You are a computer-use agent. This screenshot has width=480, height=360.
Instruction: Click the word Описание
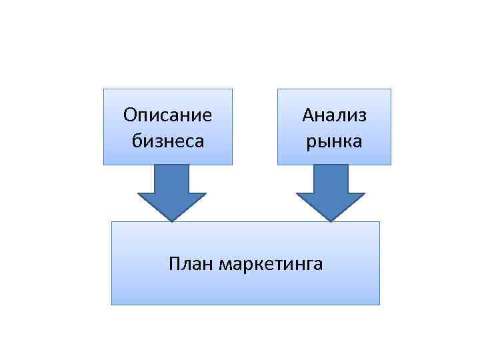pos(167,115)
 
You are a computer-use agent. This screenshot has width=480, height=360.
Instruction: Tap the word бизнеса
pos(167,141)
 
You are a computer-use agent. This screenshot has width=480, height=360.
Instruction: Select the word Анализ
pos(334,115)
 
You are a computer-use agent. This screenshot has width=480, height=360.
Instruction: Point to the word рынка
pos(334,141)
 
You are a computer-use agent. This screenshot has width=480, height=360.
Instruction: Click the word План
pos(191,264)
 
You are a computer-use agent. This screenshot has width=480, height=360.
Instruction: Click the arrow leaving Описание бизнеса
pos(172,189)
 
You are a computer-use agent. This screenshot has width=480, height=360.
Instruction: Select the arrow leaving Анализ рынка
pos(331,189)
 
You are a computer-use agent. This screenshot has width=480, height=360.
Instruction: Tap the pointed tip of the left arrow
pos(172,219)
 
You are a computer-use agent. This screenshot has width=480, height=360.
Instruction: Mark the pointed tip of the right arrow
pos(331,219)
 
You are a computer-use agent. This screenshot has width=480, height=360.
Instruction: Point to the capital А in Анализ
pos(307,115)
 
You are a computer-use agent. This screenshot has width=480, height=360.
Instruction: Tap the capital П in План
pos(175,264)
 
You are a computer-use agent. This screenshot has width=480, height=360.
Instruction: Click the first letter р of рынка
pos(310,142)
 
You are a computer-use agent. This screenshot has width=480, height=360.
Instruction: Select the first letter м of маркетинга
pos(223,265)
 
